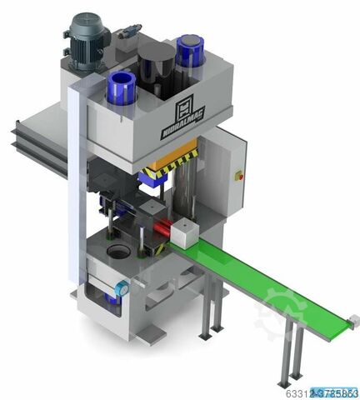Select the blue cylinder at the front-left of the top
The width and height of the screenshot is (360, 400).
tap(122, 87)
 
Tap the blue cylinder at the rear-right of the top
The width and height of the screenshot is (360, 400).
tap(190, 52)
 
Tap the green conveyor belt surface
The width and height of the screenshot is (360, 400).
tap(267, 283)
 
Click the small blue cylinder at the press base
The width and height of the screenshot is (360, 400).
tap(122, 288)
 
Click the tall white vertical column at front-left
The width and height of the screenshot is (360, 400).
tap(74, 192)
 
